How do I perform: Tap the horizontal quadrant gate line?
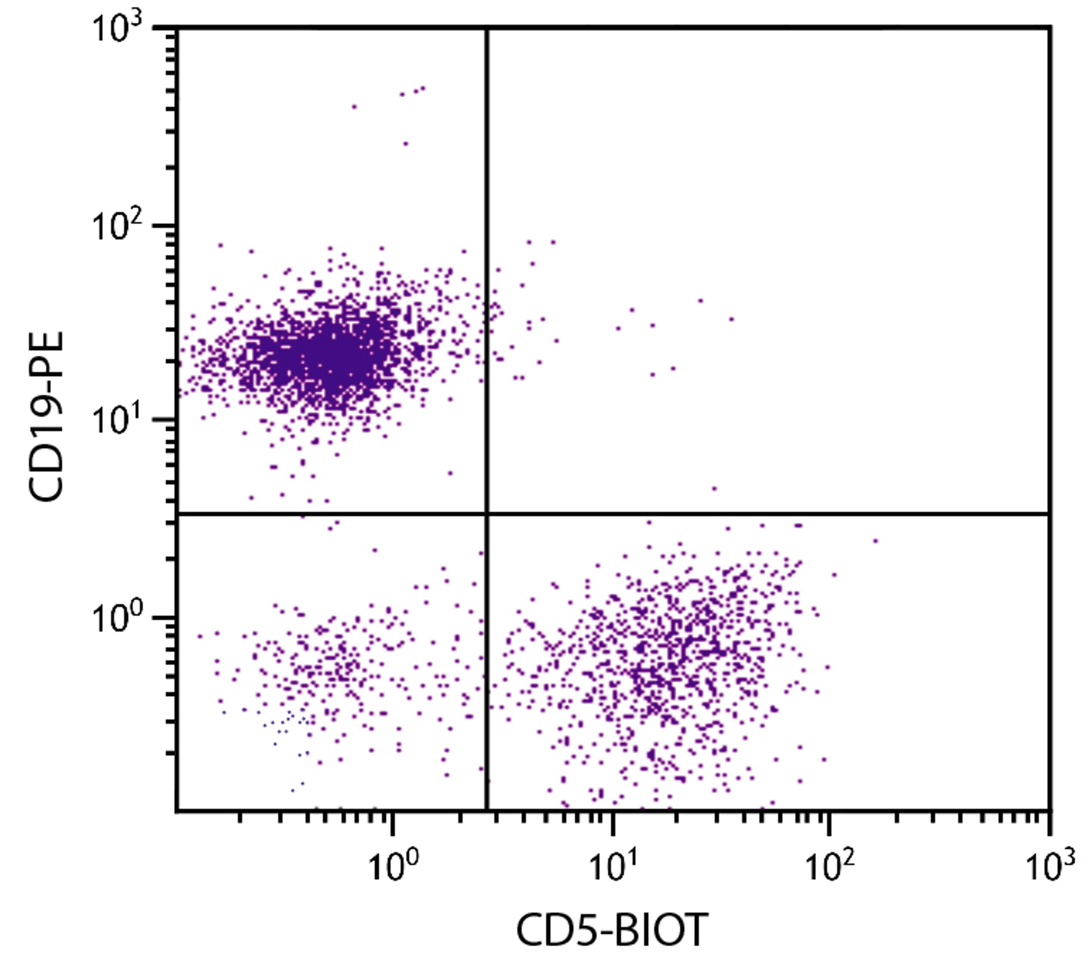coord(748,514)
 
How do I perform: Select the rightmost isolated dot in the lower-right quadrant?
coord(875,541)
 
